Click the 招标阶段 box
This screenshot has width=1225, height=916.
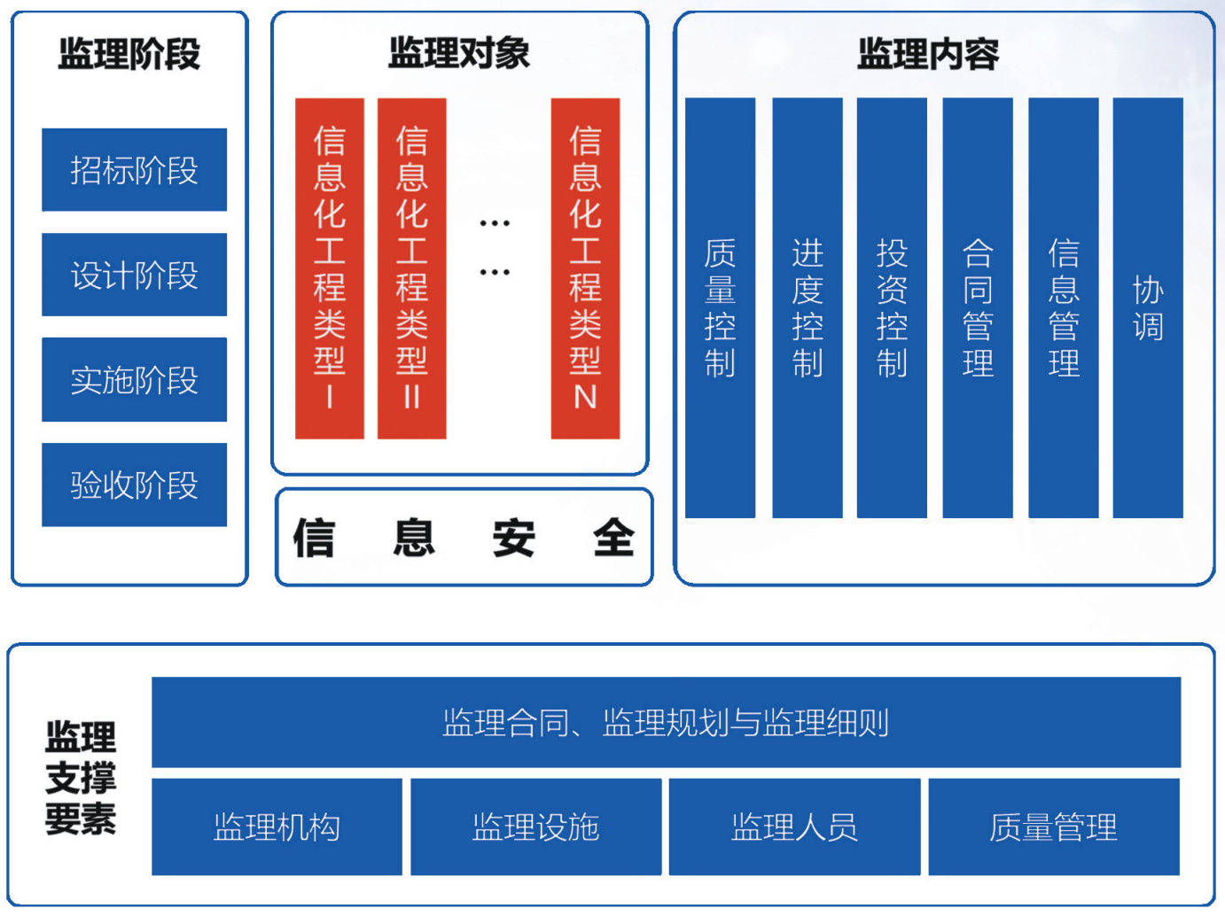tap(134, 170)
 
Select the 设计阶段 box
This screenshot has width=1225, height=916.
tap(134, 275)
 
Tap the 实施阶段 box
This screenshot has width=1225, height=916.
tap(134, 379)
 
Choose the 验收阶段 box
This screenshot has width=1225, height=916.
tap(134, 485)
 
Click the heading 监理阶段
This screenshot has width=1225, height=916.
tap(129, 54)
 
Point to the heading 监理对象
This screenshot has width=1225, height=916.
tap(459, 53)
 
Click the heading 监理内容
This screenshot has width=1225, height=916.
tap(928, 54)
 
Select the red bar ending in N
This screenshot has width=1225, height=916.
tap(585, 268)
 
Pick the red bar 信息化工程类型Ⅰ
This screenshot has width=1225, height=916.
tap(330, 268)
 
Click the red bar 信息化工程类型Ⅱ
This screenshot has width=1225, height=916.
tap(412, 268)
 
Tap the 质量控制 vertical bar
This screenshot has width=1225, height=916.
tap(720, 307)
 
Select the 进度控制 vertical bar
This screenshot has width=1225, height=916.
tap(808, 307)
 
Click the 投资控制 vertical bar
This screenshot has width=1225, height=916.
tap(892, 307)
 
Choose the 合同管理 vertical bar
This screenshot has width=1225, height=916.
tap(978, 307)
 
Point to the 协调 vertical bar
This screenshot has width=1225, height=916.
tap(1148, 307)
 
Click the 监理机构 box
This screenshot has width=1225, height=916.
tap(277, 827)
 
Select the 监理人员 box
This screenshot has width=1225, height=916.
tap(794, 827)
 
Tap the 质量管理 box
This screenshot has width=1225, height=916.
tap(1054, 827)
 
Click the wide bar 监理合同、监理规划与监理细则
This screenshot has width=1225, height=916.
tap(666, 722)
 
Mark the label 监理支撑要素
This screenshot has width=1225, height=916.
tap(81, 778)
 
